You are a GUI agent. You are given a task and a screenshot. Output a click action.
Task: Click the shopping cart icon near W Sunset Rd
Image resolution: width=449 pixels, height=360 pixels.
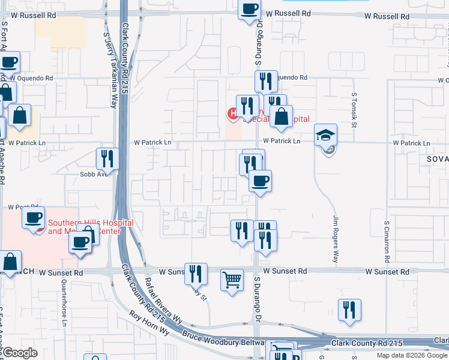point(232,280)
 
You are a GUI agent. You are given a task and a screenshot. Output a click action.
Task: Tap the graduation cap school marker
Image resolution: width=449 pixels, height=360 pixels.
point(325,135)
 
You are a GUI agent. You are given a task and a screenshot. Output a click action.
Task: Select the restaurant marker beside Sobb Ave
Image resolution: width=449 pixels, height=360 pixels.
point(107,159)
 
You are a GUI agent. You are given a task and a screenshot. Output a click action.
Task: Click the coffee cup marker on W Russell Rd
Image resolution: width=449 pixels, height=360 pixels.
point(249,10)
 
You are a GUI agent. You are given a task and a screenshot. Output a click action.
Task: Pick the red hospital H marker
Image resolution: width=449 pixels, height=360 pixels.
point(231,113)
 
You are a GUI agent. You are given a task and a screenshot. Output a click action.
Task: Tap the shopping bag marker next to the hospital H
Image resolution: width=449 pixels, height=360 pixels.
point(280,117)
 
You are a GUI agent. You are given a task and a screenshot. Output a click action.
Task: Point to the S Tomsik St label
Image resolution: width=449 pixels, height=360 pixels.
point(354,110)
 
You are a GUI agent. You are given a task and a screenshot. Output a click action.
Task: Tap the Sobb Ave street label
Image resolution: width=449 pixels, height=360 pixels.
point(93,175)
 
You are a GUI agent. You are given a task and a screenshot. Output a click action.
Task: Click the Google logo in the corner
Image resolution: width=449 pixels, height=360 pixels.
point(20,353)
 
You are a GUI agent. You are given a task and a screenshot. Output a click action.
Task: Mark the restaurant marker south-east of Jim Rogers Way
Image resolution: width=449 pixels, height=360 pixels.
point(349,310)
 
